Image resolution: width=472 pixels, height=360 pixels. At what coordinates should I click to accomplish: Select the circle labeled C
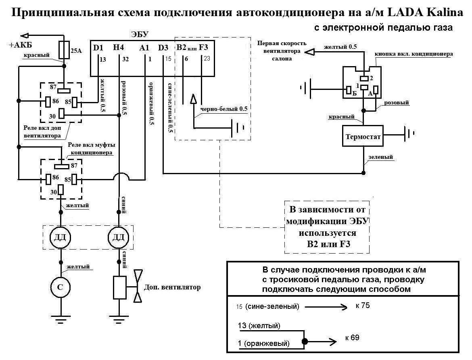61,286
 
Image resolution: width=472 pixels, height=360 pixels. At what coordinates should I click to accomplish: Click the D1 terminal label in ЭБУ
98,48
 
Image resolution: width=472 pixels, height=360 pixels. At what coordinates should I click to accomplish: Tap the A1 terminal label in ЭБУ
144,48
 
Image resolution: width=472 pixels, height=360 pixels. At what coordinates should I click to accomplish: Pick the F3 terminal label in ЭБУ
204,48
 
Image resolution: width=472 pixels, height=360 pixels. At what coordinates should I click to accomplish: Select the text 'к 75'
363,306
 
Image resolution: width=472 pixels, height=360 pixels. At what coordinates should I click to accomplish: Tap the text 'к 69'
352,337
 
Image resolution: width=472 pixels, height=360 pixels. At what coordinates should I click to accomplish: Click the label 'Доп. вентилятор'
172,288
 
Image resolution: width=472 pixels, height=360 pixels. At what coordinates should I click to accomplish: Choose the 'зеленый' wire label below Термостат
381,157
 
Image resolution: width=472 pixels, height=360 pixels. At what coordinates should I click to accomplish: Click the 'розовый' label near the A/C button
397,103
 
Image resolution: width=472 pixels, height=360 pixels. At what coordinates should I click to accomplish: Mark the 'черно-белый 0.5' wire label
221,109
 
